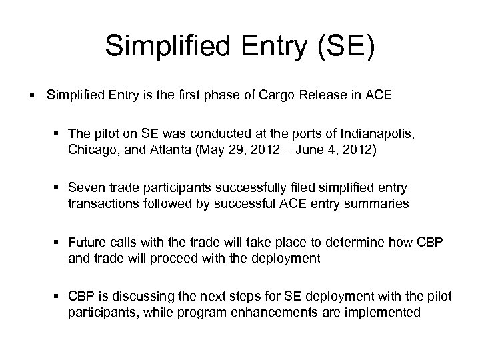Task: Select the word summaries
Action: [381, 205]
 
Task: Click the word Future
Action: [87, 243]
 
